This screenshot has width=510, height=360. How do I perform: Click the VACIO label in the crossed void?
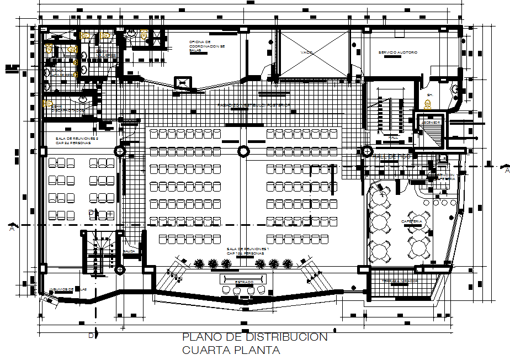click(x=307, y=52)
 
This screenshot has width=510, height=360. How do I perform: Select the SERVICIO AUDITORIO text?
click(x=397, y=52)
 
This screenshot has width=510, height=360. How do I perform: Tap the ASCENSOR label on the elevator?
click(x=433, y=123)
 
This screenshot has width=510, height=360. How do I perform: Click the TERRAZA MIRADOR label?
click(x=400, y=281)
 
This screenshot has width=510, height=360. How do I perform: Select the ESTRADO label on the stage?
click(x=243, y=282)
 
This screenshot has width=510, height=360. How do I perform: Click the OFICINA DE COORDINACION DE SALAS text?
click(x=200, y=46)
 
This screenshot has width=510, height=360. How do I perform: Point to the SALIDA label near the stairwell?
click(x=130, y=251)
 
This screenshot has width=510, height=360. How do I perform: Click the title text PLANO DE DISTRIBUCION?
click(x=254, y=337)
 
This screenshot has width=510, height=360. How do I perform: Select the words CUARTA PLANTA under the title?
click(x=231, y=350)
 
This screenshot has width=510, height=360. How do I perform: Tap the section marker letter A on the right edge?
click(x=506, y=171)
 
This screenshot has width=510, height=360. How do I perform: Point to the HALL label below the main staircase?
click(x=392, y=137)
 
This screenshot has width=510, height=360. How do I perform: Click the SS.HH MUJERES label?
click(x=105, y=54)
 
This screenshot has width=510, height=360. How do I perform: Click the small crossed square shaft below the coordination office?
click(x=183, y=83)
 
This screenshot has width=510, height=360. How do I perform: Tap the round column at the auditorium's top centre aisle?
click(x=242, y=151)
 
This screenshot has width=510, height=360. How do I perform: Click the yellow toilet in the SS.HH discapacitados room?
click(x=48, y=103)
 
